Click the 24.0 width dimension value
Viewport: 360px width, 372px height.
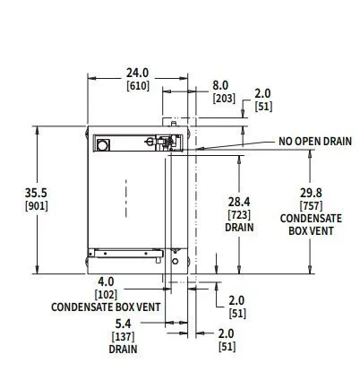pyautogui.click(x=137, y=73)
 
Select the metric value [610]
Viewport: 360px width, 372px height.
pyautogui.click(x=138, y=86)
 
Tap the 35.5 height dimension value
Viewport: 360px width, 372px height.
pyautogui.click(x=36, y=193)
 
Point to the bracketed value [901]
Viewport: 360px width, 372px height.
pyautogui.click(x=37, y=206)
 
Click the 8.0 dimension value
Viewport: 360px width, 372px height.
pyautogui.click(x=220, y=86)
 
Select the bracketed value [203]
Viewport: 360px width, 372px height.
pyautogui.click(x=224, y=99)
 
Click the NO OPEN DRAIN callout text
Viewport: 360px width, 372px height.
pyautogui.click(x=315, y=142)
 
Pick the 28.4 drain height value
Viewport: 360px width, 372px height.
pyautogui.click(x=239, y=202)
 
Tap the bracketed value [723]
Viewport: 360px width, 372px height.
pyautogui.click(x=239, y=215)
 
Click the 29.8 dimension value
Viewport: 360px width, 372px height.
pyautogui.click(x=311, y=193)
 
